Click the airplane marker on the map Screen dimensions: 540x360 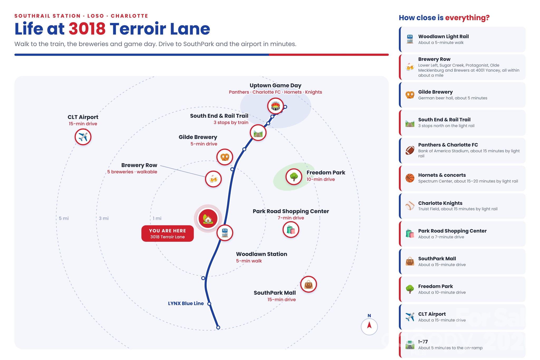pos(83,137)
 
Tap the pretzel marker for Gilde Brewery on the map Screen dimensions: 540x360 pos(225,157)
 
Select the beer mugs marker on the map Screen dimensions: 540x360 pos(213,179)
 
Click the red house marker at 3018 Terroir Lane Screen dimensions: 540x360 pos(208,218)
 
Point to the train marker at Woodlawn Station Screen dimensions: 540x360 pos(225,233)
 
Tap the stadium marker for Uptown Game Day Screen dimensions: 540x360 pos(275,106)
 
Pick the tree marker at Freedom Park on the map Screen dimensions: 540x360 pos(294,177)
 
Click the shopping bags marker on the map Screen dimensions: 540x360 pos(291,230)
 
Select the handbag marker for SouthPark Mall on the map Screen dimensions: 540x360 pos(308,284)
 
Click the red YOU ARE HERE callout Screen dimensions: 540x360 pos(167,233)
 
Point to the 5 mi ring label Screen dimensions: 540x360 pos(64,218)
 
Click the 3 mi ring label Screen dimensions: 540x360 pos(104,218)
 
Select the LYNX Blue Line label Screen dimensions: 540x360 pos(186,303)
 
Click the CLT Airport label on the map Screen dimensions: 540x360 pos(83,117)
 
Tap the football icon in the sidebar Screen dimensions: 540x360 pos(410,150)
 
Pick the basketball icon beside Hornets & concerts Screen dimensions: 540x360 pos(410,178)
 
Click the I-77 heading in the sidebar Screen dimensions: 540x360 pos(423,342)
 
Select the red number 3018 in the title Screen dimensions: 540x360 pos(87,29)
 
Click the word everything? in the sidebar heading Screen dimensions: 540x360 pos(467,18)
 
